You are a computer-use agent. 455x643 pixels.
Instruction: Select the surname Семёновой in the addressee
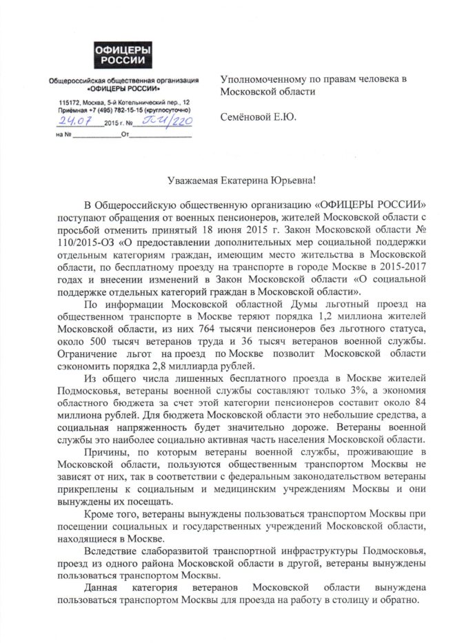(x=249, y=116)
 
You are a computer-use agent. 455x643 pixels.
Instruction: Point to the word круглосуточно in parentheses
(x=163, y=110)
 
